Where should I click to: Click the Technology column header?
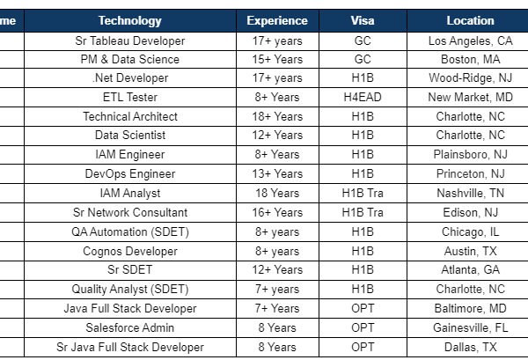pos(129,20)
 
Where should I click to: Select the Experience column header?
pos(277,20)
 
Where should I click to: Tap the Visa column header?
pos(363,20)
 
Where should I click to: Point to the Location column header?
pos(470,20)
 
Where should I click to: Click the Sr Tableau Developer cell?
pos(130,40)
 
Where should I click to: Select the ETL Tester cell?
pos(130,98)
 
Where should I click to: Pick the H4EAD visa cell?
pos(363,98)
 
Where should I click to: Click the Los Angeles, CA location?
pos(470,40)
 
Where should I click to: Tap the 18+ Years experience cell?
pos(277,116)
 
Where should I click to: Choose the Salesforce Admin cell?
pos(130,327)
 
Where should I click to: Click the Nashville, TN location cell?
pos(470,193)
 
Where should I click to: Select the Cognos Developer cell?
pos(130,251)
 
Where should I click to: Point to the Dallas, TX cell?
pos(470,347)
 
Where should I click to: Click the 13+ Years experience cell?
pos(277,174)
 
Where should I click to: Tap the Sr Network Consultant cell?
pos(130,212)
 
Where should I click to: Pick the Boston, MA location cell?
pos(470,60)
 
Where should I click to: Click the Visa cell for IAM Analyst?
pos(363,193)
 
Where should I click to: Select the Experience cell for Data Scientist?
pos(277,136)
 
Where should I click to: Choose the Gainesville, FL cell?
pos(470,327)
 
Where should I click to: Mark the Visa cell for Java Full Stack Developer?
pos(363,308)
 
